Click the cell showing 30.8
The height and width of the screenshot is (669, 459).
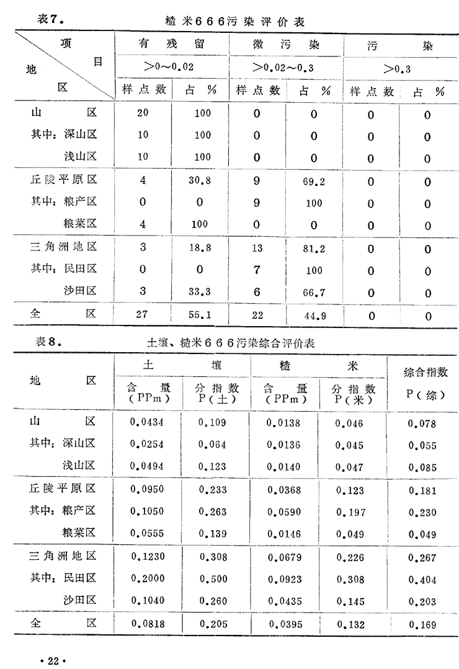click(x=202, y=180)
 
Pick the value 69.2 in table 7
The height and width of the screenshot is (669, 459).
click(x=314, y=180)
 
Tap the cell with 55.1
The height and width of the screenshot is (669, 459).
click(x=200, y=314)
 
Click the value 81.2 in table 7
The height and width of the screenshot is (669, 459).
click(x=314, y=247)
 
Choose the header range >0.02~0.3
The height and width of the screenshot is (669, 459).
click(x=283, y=67)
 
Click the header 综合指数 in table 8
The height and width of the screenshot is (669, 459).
click(x=426, y=373)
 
